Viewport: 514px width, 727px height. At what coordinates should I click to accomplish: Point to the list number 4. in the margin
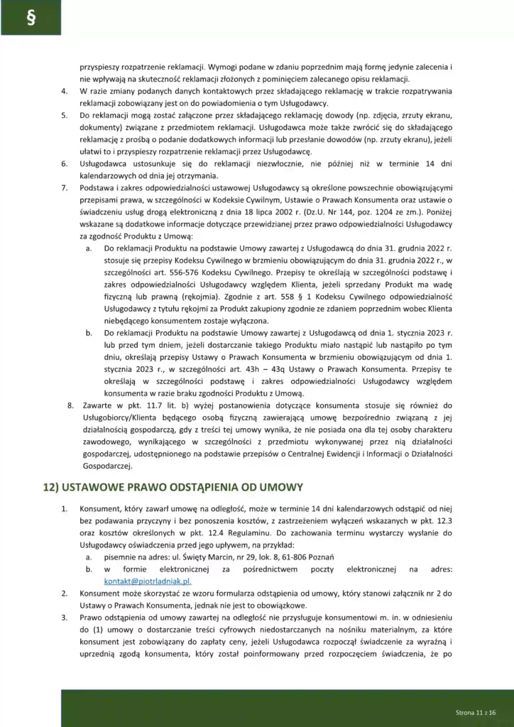[64, 92]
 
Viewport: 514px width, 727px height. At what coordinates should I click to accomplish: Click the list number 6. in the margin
[64, 165]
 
